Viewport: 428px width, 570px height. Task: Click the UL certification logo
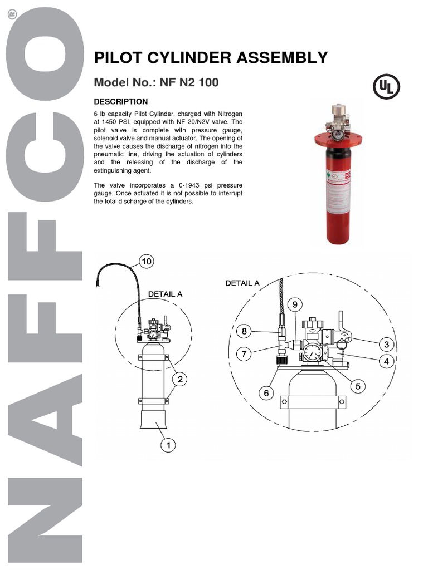coord(386,87)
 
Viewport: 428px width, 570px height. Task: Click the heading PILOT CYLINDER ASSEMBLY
coord(211,58)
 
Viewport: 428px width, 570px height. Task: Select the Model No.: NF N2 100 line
coord(156,83)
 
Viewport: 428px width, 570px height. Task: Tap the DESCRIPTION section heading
coord(121,102)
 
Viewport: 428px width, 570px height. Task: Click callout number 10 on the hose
coord(146,261)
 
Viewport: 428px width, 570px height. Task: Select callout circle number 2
coord(179,380)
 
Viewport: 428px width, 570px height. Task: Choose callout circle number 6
coord(266,393)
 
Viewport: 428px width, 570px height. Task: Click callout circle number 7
coord(243,354)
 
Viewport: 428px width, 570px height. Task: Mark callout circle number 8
coord(243,332)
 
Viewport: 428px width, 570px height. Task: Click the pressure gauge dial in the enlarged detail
coord(313,353)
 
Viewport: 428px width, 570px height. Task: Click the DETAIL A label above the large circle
coord(242,283)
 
